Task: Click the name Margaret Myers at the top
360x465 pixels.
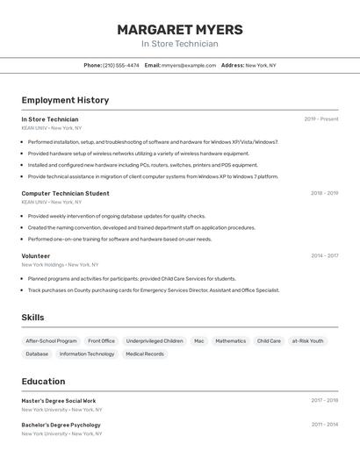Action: point(180,29)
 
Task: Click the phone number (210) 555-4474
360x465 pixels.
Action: point(120,65)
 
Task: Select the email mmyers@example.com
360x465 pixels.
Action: point(189,65)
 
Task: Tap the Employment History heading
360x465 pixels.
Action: point(65,100)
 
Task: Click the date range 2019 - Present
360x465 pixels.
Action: point(321,119)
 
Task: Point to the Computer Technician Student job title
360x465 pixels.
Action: point(66,193)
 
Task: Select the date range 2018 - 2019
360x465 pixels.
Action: point(324,193)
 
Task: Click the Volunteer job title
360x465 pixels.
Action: point(36,256)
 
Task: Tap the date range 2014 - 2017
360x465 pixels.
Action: point(324,256)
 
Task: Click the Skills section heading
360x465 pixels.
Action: point(32,318)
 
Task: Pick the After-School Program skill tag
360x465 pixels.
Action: point(51,340)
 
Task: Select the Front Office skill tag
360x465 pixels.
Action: point(101,340)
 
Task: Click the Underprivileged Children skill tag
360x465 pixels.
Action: point(155,340)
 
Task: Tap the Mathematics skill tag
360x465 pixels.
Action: point(231,340)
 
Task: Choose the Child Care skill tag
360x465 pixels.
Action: point(269,340)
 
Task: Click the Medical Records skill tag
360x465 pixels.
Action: point(145,354)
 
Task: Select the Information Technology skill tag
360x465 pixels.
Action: point(87,354)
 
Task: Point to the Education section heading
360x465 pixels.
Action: point(43,382)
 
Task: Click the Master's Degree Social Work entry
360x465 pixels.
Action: point(59,401)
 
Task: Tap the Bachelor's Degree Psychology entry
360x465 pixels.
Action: point(61,425)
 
